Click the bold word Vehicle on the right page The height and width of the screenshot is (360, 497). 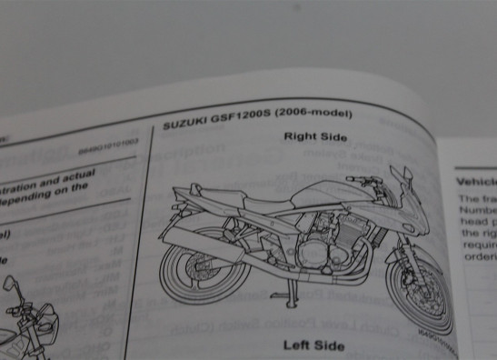475,182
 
